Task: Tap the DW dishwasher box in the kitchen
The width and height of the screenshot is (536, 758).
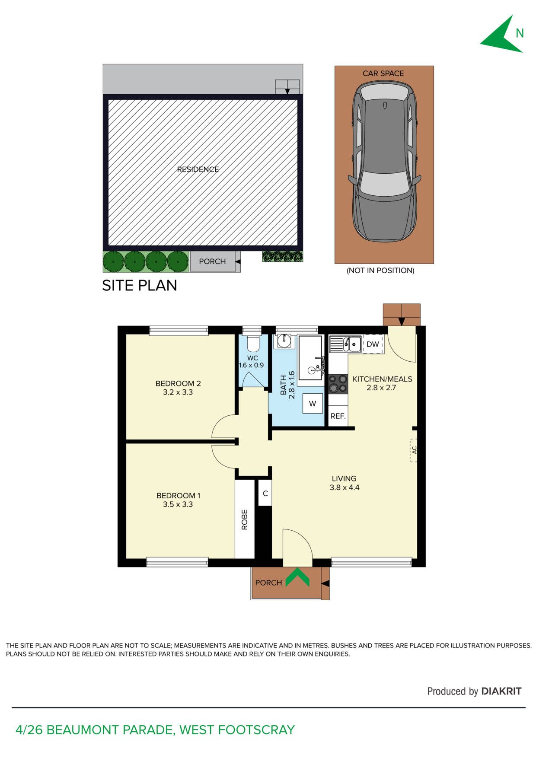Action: pos(373,344)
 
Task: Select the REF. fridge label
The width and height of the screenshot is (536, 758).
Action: pos(338,416)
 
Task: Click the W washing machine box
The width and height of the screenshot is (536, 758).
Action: pos(313,404)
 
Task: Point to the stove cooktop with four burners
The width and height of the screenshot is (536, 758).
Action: pos(338,383)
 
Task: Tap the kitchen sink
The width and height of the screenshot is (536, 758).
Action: pos(345,344)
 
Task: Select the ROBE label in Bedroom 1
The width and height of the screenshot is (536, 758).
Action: pos(245,519)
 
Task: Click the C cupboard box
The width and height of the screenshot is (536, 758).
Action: pos(265,493)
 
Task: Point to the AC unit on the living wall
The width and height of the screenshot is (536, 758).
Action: pos(414,450)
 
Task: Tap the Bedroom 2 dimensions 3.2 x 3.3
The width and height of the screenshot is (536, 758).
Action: pos(178,392)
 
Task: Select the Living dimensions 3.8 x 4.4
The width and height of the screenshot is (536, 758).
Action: pos(345,487)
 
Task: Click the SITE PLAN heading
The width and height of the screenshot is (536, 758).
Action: pos(140,285)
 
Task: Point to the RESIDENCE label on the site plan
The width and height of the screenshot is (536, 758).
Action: pos(198,169)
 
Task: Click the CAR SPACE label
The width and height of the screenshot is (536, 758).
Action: pos(383,73)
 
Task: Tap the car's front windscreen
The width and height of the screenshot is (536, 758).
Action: pos(384,183)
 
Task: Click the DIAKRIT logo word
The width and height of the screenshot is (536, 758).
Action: pos(501,691)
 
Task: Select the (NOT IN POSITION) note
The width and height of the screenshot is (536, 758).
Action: pos(380,271)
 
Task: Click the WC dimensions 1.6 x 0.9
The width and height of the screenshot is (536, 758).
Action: pos(252,365)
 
